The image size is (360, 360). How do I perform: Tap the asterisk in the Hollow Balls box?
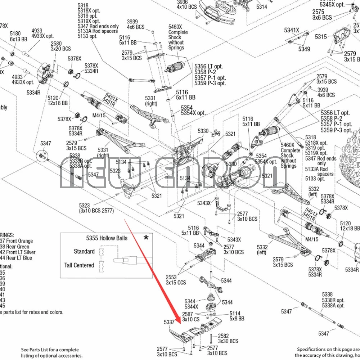(x=146, y=238)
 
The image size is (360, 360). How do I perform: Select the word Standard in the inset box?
(x=84, y=251)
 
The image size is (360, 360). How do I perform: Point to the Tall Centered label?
(x=79, y=265)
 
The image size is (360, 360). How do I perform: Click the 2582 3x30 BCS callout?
(x=228, y=338)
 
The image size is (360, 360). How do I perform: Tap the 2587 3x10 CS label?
(x=190, y=317)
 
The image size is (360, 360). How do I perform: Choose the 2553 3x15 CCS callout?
(x=176, y=280)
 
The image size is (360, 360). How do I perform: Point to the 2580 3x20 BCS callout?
(x=60, y=46)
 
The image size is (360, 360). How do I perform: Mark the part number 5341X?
(x=292, y=30)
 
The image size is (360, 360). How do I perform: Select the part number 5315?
(x=321, y=37)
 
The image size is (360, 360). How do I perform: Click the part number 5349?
(x=304, y=49)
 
